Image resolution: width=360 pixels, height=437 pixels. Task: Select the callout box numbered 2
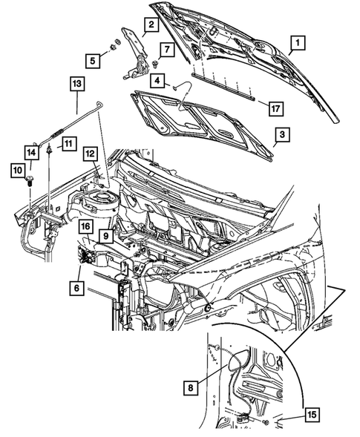[151, 26]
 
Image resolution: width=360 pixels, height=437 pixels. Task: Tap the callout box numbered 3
[281, 136]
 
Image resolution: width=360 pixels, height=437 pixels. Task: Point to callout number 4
[158, 79]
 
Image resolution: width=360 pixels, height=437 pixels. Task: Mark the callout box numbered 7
[166, 50]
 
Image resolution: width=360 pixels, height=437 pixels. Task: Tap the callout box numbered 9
[105, 237]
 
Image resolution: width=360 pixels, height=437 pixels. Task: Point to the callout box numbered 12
[90, 154]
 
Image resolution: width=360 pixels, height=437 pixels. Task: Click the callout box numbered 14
[32, 153]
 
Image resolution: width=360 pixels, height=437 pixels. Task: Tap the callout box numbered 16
[85, 226]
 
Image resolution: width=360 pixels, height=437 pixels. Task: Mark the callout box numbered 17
[274, 108]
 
